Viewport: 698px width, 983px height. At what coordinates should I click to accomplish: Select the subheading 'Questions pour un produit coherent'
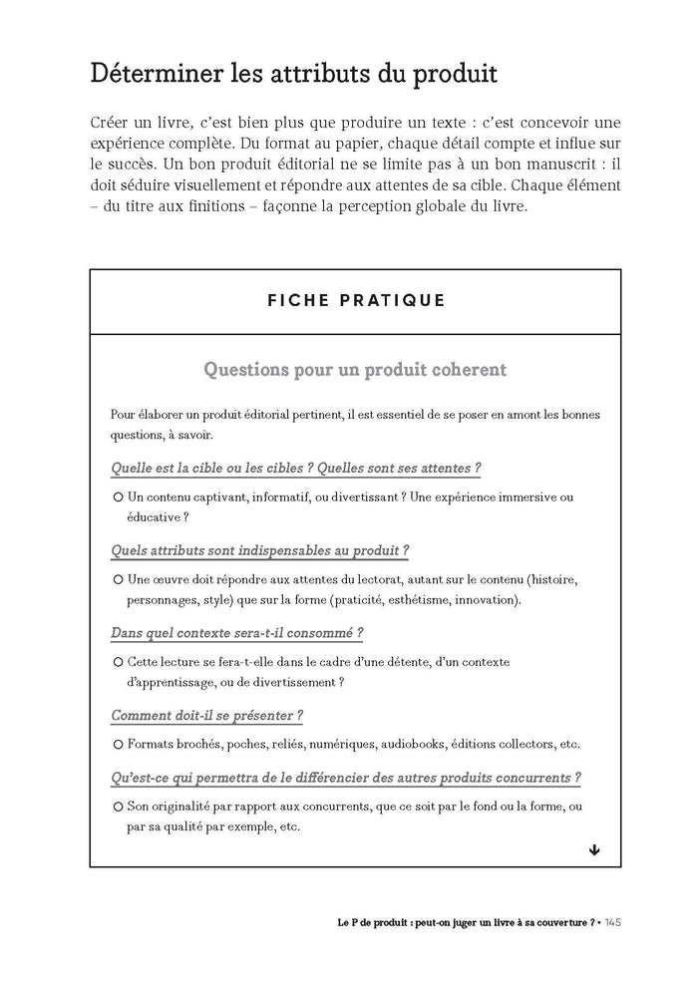354,370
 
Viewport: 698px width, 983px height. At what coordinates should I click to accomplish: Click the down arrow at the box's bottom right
594,849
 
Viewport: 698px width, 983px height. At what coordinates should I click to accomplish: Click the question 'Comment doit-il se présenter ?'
207,716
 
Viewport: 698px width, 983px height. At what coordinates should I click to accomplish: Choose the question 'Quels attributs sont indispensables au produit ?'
260,550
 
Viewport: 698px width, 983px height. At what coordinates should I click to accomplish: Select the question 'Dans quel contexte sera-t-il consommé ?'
236,633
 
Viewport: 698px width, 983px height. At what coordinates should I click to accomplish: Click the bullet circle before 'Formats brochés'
118,744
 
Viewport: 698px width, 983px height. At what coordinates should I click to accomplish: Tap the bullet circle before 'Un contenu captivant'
118,496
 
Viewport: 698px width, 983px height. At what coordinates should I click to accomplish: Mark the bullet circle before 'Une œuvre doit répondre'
118,579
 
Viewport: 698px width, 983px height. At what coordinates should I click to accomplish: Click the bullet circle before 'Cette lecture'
118,662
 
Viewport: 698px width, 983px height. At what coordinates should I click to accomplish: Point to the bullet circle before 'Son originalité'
118,806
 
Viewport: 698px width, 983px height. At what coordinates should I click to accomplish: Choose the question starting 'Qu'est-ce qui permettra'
346,778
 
